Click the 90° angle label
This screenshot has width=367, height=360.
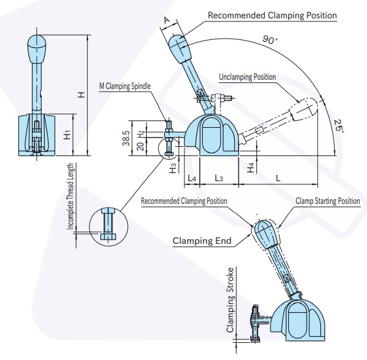(x=270, y=39)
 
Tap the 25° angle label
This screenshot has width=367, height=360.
(x=339, y=126)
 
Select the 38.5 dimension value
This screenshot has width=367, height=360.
(x=126, y=138)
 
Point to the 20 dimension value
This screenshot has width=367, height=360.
(x=140, y=146)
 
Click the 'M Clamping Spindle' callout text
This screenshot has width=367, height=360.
(x=125, y=86)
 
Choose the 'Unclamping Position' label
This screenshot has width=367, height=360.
(x=247, y=77)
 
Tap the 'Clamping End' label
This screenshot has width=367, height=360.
(x=202, y=241)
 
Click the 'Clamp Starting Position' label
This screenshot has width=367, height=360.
(x=328, y=201)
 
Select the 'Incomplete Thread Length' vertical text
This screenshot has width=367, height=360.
(x=71, y=196)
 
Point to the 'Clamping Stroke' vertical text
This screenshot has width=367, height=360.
(x=230, y=300)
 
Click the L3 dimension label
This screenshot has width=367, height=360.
(x=219, y=179)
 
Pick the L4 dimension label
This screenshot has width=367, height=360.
(x=192, y=179)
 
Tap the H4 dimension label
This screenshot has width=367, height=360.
(x=251, y=168)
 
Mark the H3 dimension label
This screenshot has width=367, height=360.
(x=173, y=168)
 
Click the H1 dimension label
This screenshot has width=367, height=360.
(x=68, y=135)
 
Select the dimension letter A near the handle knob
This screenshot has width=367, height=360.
(x=167, y=20)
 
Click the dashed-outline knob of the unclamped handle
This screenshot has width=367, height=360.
(x=304, y=109)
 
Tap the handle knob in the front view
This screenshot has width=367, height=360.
(x=37, y=49)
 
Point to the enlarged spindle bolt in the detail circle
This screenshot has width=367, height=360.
(x=108, y=224)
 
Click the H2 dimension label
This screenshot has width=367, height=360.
(x=140, y=135)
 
